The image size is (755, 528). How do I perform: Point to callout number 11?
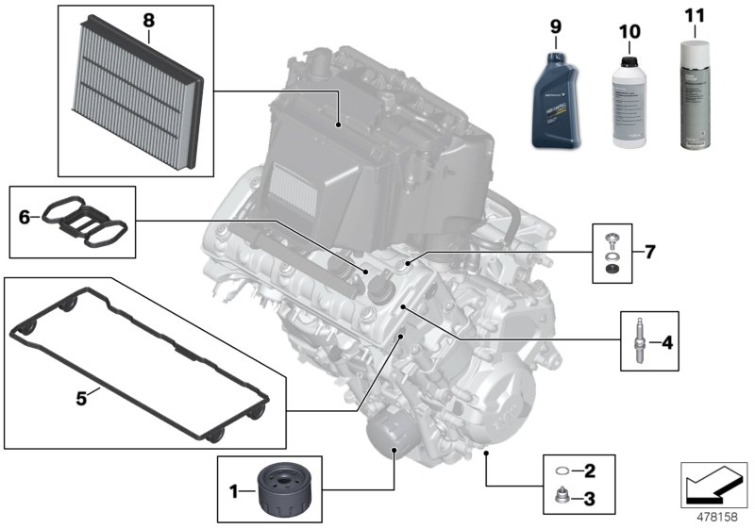coord(696,16)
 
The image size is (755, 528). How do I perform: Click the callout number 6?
coord(24,218)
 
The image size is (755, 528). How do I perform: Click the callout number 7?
coord(649,252)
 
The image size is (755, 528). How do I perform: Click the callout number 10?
coord(629,32)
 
